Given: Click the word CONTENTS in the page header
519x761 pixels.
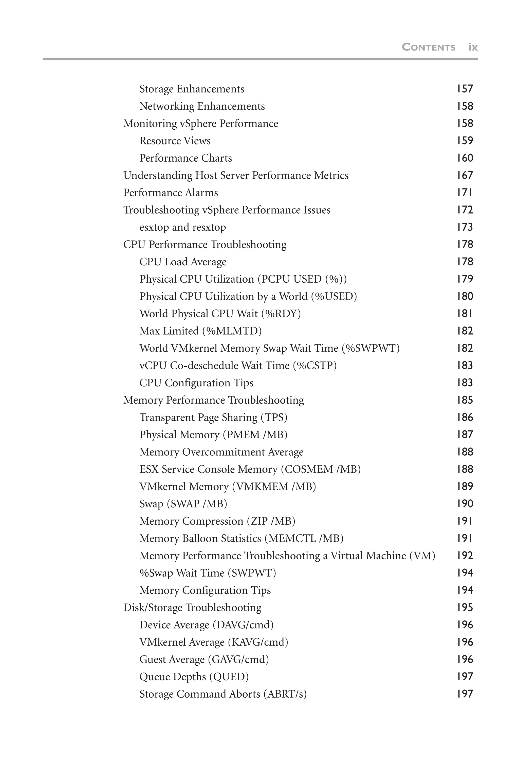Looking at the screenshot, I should tap(429, 47).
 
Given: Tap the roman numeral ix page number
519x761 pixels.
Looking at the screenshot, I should tap(473, 47).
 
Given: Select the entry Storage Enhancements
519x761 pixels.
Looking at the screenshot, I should tap(192, 89).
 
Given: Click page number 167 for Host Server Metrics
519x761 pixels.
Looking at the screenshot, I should tap(465, 176).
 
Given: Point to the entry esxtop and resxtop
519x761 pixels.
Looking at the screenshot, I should tap(182, 227).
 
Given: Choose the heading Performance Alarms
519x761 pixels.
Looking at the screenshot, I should tap(170, 193).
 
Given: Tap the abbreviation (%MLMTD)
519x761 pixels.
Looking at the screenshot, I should tap(232, 331).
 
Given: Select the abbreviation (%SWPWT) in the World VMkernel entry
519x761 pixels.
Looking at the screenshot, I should tap(370, 348).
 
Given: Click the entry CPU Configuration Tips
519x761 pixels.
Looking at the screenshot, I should tap(196, 383).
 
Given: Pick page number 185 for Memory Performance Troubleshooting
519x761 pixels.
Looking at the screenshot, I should tap(465, 400).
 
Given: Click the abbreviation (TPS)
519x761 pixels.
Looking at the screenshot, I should tap(274, 418).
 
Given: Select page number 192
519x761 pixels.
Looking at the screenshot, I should tap(465, 556).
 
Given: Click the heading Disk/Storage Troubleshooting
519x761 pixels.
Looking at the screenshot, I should tap(192, 608).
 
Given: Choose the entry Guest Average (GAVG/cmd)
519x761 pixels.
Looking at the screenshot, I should tap(204, 660).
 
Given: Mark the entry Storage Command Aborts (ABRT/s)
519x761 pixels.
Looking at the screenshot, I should tap(223, 694).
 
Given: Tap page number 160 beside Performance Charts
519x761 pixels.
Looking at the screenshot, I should tap(465, 158).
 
